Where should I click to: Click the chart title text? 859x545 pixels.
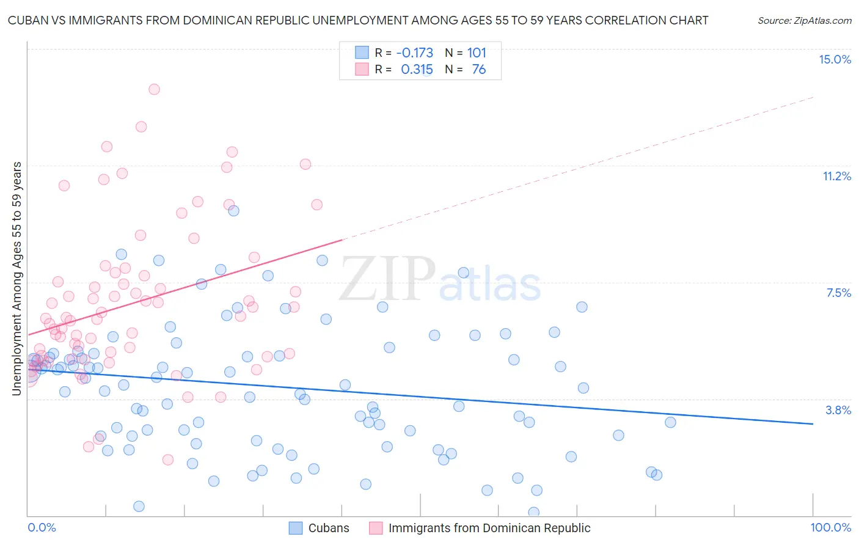pyautogui.click(x=358, y=20)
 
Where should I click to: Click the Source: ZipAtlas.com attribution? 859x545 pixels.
pyautogui.click(x=804, y=20)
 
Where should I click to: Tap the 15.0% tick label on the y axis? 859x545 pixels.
pyautogui.click(x=835, y=59)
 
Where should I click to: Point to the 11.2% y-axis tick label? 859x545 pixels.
pyautogui.click(x=836, y=176)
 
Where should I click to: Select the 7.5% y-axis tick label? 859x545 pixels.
pyautogui.click(x=838, y=293)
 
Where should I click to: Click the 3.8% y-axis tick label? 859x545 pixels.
pyautogui.click(x=838, y=410)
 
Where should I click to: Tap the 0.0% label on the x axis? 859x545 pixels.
pyautogui.click(x=42, y=527)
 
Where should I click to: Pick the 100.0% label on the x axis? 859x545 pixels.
pyautogui.click(x=830, y=527)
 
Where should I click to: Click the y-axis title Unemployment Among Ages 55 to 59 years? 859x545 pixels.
pyautogui.click(x=16, y=279)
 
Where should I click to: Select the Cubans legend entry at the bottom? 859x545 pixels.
pyautogui.click(x=319, y=528)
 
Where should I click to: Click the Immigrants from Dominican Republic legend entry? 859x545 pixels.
pyautogui.click(x=480, y=528)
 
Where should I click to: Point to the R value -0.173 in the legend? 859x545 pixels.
pyautogui.click(x=414, y=53)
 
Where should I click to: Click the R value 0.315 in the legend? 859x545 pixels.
pyautogui.click(x=417, y=70)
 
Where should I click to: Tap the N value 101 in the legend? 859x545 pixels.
pyautogui.click(x=477, y=53)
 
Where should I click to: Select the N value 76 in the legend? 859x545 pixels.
pyautogui.click(x=478, y=70)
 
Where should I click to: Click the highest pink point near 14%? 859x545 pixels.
pyautogui.click(x=154, y=89)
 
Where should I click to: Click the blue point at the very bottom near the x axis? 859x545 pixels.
pyautogui.click(x=533, y=512)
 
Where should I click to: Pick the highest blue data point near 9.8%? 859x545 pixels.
pyautogui.click(x=233, y=211)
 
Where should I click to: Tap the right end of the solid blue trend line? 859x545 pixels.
pyautogui.click(x=812, y=423)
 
